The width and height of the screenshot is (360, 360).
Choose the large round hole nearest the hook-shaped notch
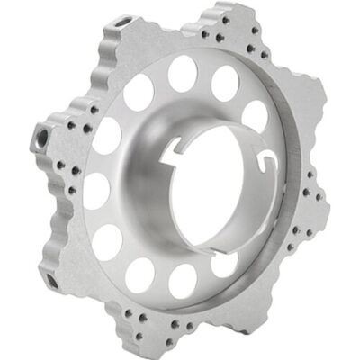(x=256, y=115)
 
